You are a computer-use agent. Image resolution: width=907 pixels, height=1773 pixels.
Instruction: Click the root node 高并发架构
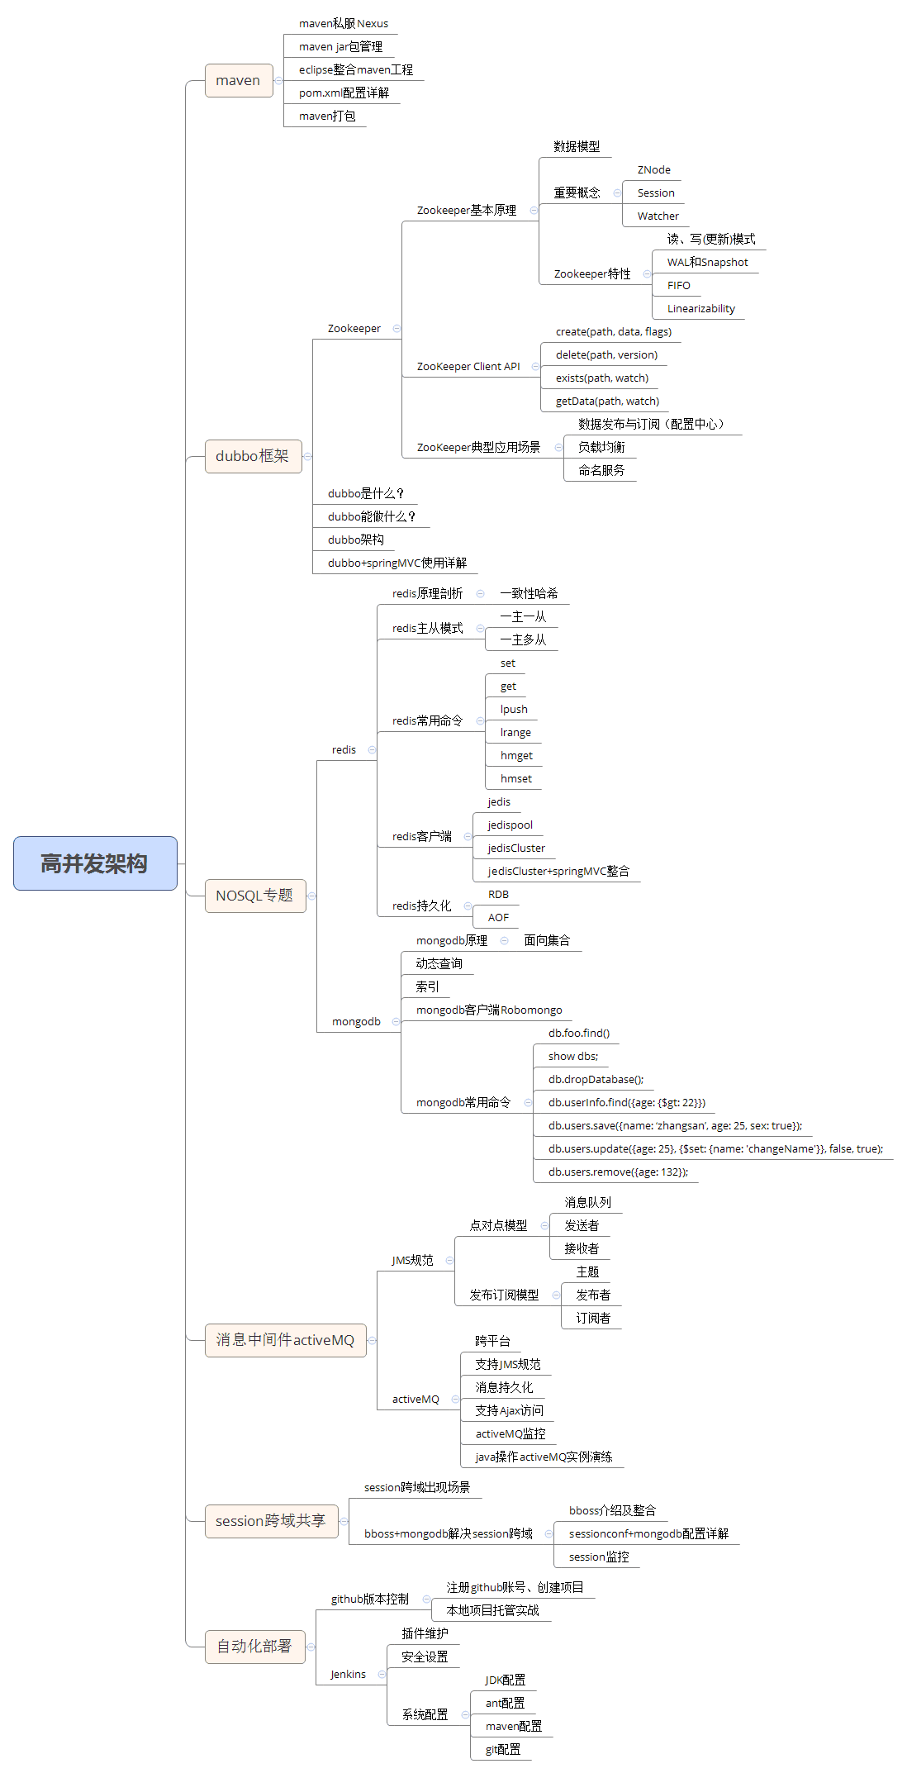95,863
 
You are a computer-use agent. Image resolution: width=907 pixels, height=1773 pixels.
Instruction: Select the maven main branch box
239,80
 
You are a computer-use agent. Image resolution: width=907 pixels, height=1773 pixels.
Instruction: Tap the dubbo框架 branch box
253,456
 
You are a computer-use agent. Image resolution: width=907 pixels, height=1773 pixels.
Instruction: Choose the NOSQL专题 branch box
255,896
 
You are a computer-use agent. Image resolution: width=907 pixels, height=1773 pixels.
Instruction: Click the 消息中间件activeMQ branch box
285,1340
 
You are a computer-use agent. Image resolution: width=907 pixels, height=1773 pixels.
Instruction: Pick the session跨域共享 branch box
271,1521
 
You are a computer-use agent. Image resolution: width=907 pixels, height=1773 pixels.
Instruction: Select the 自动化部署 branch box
254,1647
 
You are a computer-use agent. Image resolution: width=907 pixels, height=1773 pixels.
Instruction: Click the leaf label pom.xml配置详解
344,93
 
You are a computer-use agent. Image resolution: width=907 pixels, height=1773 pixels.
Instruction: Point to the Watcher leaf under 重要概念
658,216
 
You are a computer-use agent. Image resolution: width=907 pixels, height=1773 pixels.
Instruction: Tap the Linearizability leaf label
701,308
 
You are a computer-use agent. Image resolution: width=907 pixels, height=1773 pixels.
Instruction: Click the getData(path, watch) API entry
607,401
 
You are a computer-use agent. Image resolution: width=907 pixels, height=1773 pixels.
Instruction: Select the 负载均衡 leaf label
601,447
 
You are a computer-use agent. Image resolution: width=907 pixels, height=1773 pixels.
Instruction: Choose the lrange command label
515,732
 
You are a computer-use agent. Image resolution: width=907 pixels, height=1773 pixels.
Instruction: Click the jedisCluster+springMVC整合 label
558,871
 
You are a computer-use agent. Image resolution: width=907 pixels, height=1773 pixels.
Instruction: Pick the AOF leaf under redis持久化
498,917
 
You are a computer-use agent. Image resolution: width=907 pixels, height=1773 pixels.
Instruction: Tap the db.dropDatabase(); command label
596,1079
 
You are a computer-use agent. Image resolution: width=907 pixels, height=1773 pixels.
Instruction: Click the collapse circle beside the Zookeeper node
397,328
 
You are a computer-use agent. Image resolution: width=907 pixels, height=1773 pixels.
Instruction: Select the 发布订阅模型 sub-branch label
504,1295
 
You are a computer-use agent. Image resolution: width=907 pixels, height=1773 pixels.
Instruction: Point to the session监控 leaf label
599,1557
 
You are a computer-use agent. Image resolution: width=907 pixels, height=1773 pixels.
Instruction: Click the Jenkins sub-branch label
348,1674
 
